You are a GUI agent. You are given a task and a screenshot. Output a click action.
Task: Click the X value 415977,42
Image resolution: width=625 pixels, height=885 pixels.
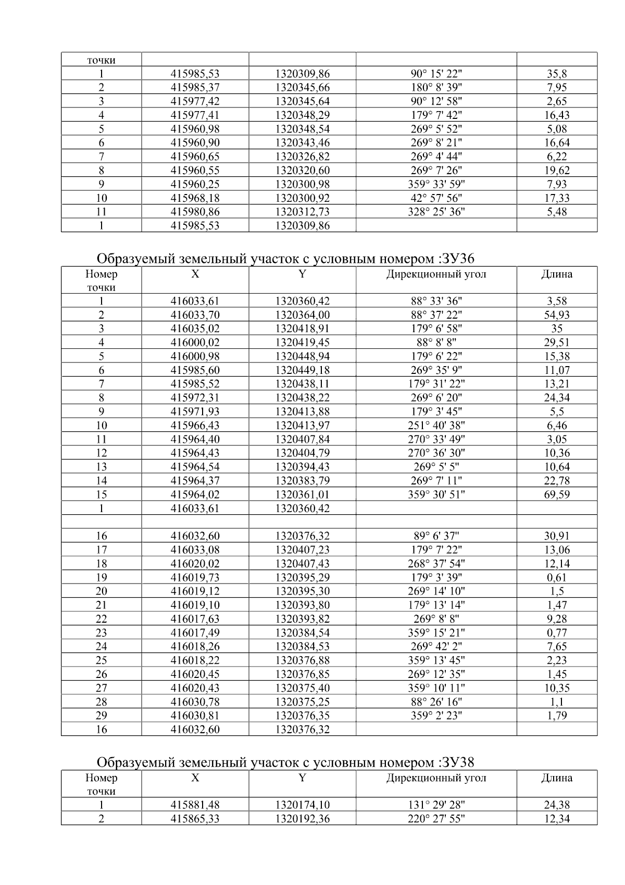pyautogui.click(x=195, y=101)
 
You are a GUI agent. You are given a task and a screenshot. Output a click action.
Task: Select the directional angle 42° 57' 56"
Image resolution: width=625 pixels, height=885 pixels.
pyautogui.click(x=436, y=198)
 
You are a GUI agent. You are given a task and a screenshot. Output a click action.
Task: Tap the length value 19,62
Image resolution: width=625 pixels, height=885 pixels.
pyautogui.click(x=557, y=171)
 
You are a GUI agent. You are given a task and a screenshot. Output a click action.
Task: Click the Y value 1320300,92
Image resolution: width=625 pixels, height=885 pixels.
pyautogui.click(x=302, y=198)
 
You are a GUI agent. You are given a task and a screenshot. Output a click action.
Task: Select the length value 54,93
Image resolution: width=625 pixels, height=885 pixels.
pyautogui.click(x=557, y=315)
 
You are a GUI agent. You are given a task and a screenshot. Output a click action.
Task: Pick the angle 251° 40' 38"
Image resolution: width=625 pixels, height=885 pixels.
pyautogui.click(x=436, y=426)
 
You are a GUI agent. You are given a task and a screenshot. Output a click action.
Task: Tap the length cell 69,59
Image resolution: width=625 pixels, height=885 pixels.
pyautogui.click(x=557, y=494)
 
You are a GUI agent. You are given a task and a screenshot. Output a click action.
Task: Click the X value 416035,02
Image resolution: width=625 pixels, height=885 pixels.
pyautogui.click(x=195, y=329)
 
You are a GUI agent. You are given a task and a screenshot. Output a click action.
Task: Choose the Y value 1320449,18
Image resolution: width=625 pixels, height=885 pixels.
pyautogui.click(x=302, y=370)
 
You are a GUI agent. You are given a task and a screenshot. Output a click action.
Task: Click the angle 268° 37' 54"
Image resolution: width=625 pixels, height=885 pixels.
pyautogui.click(x=436, y=564)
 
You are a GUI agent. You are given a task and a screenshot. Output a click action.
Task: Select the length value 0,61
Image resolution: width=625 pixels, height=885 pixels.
pyautogui.click(x=557, y=577)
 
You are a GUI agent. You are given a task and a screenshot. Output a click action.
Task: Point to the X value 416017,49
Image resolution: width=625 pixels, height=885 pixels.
pyautogui.click(x=195, y=633)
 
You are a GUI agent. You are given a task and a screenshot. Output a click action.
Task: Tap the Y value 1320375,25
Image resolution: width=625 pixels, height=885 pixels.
pyautogui.click(x=302, y=702)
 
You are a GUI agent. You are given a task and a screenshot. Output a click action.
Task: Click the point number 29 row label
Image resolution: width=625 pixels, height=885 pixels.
pyautogui.click(x=101, y=716)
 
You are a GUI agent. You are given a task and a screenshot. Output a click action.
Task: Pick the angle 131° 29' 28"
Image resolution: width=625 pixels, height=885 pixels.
pyautogui.click(x=436, y=805)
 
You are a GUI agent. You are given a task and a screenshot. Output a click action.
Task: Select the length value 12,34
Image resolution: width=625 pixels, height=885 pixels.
pyautogui.click(x=557, y=819)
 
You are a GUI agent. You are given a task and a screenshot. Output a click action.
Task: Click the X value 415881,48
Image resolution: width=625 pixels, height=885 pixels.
pyautogui.click(x=195, y=805)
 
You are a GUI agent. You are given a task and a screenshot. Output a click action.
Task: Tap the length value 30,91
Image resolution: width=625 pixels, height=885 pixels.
pyautogui.click(x=557, y=536)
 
